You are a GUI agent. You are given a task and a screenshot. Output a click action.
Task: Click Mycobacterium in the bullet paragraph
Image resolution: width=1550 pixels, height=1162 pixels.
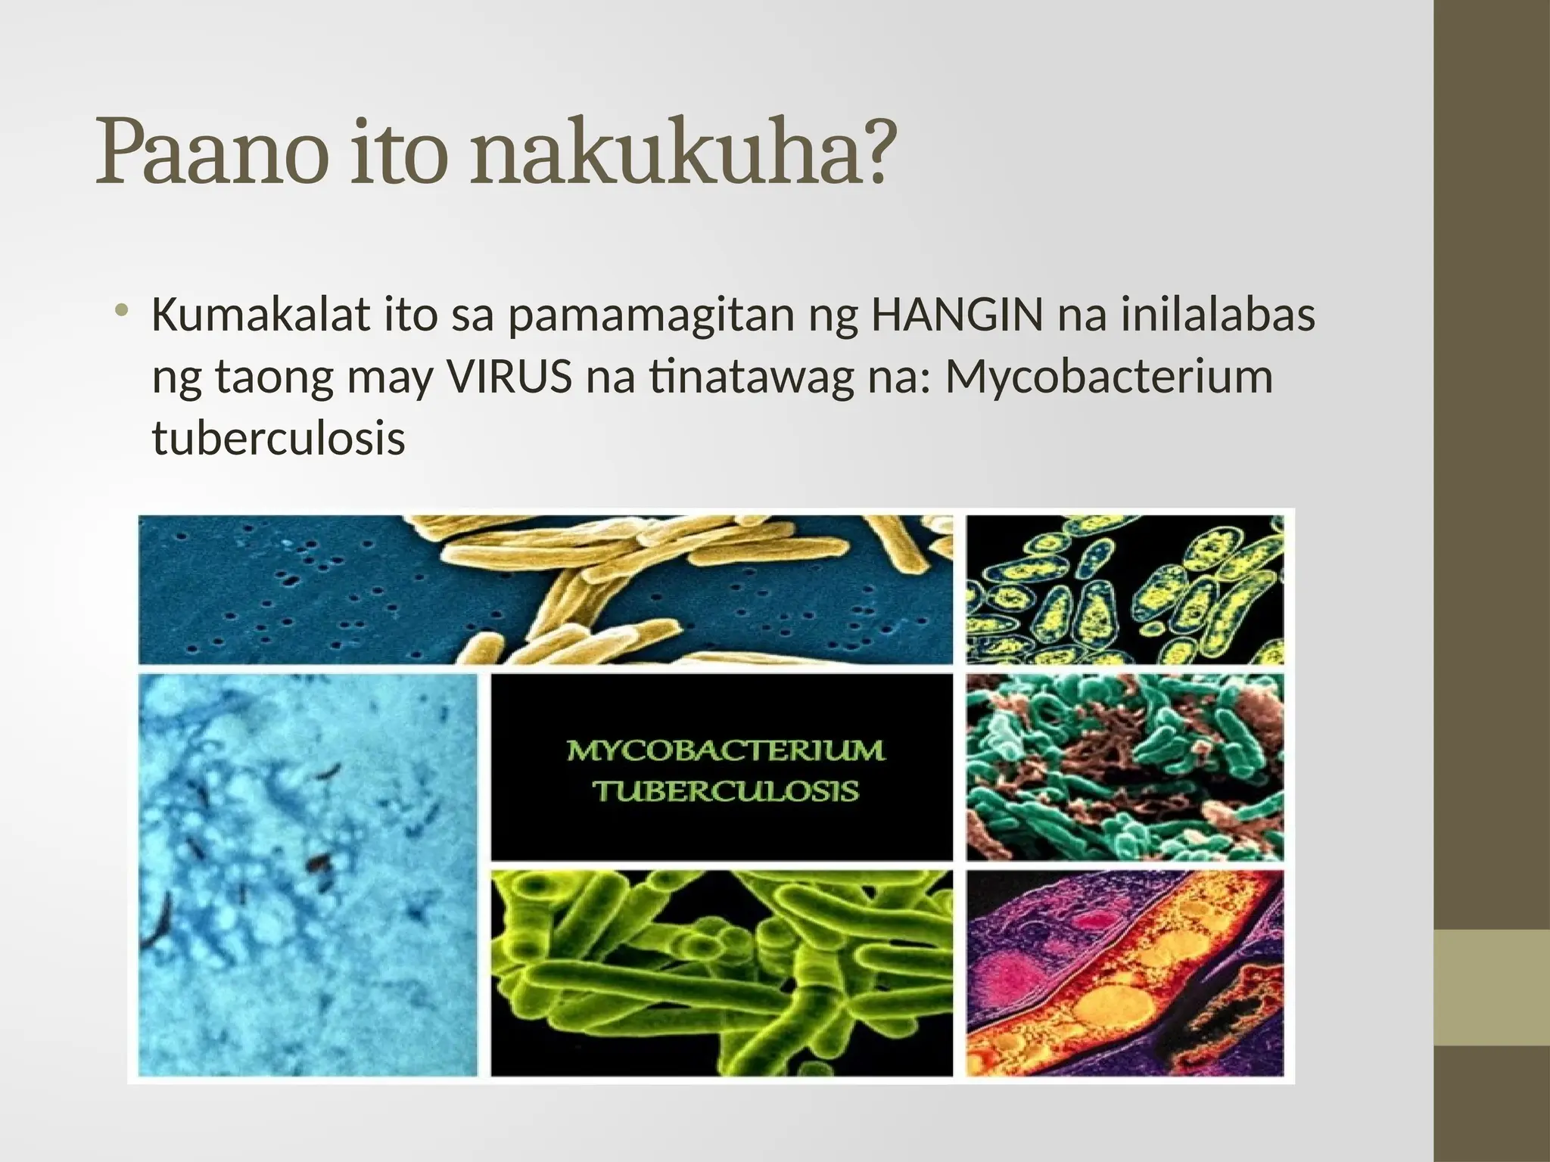click(x=1109, y=378)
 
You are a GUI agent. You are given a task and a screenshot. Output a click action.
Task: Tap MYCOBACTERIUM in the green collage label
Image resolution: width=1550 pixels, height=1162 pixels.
click(x=725, y=751)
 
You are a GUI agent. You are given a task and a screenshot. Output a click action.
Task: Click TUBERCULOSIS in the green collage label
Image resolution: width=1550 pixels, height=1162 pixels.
click(x=725, y=791)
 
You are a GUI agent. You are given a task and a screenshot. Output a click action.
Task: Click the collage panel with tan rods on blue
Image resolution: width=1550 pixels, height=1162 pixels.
click(x=545, y=590)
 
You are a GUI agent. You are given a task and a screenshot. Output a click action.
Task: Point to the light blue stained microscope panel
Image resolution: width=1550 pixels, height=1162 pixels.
click(x=308, y=874)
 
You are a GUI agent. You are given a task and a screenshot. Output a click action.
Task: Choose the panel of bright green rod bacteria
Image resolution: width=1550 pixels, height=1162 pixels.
click(x=721, y=972)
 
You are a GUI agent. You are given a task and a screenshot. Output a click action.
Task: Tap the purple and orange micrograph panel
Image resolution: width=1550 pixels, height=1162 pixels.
click(x=1125, y=972)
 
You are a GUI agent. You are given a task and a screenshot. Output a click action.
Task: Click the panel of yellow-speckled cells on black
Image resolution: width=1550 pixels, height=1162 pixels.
click(x=1125, y=590)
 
